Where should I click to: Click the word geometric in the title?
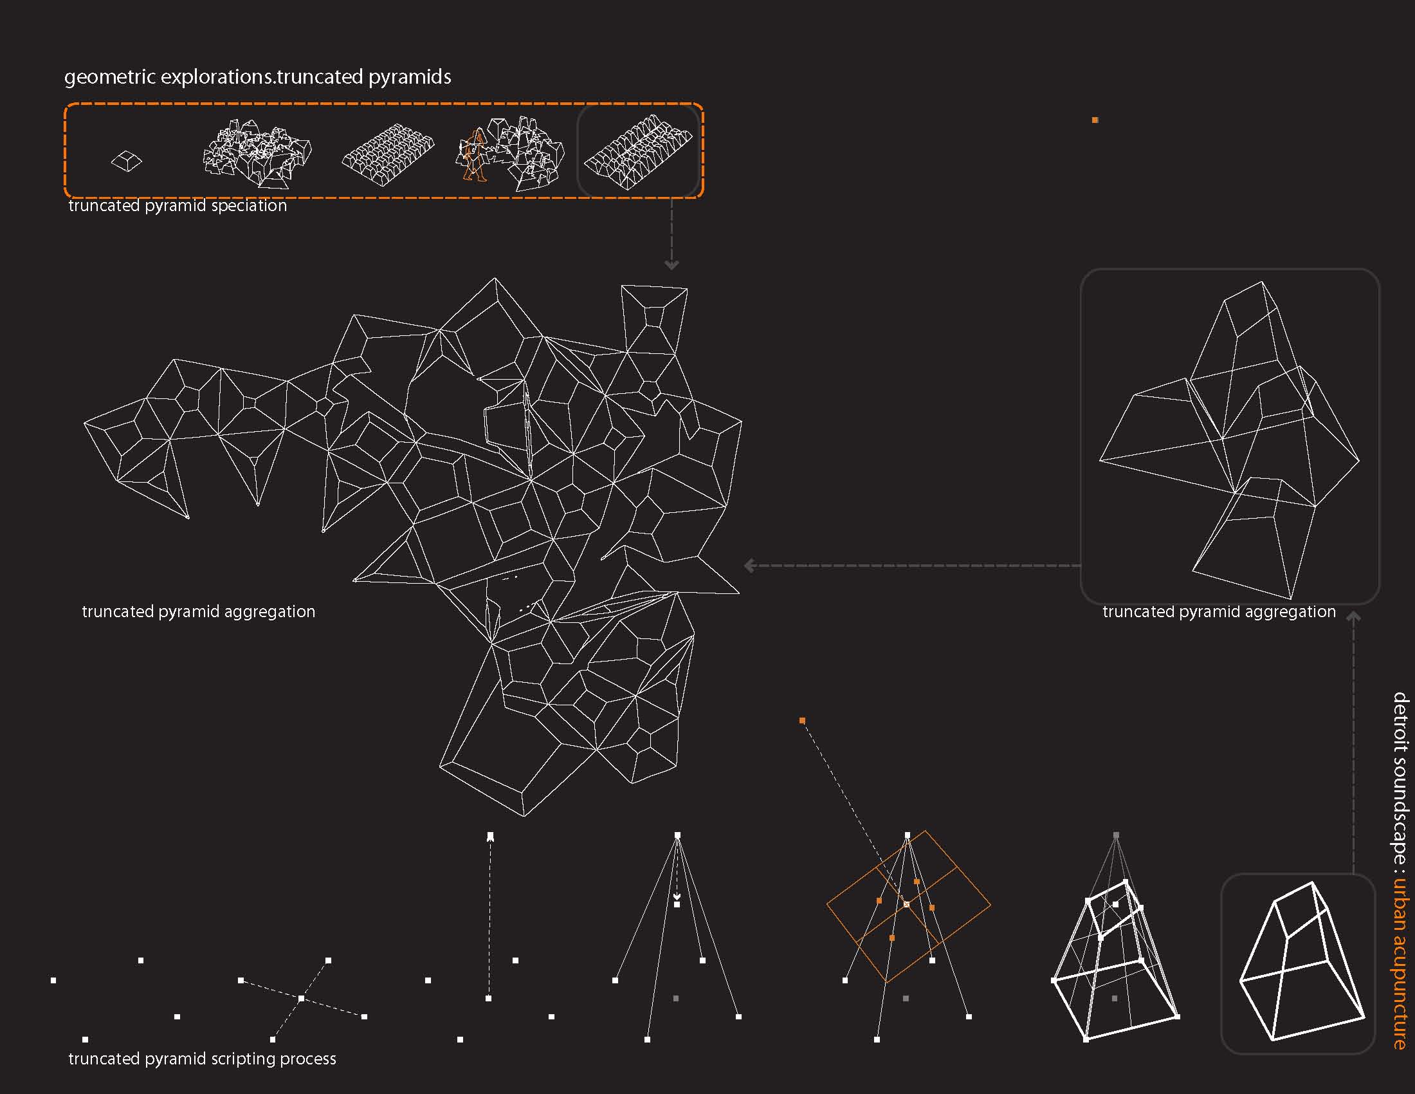[110, 77]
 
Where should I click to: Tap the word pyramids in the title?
[410, 77]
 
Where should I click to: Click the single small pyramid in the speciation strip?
[126, 162]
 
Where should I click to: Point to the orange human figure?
[474, 156]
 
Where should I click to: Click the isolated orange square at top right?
[1095, 120]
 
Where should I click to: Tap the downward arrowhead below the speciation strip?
[672, 264]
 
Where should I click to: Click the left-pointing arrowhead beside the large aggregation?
[749, 566]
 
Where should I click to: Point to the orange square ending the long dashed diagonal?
[802, 721]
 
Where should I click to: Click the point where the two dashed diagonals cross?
[301, 999]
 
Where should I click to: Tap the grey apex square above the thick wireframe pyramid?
[1116, 836]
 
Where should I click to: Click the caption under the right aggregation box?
[1219, 612]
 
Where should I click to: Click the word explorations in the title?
[217, 77]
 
